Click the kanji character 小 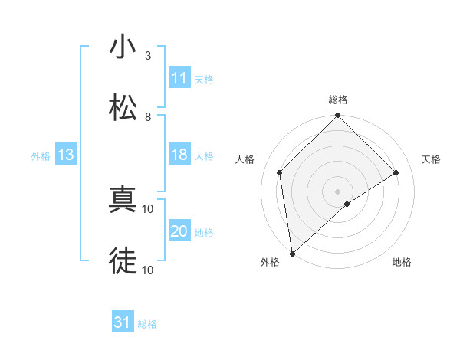tap(123, 47)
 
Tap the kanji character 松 tap(123, 108)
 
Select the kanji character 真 tap(123, 200)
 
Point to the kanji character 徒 tap(123, 261)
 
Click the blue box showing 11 tap(179, 78)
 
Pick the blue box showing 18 tap(179, 155)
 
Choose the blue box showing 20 tap(179, 232)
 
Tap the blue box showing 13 tap(66, 155)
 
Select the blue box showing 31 tap(123, 323)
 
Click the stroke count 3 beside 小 tap(148, 56)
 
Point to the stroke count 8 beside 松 tap(148, 117)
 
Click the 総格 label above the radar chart tap(338, 100)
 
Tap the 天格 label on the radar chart tap(432, 159)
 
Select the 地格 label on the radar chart tap(402, 262)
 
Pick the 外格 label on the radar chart tap(270, 262)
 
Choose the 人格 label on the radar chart tap(245, 159)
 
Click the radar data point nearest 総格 tap(338, 116)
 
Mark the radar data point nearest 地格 tap(347, 204)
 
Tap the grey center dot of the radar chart tap(338, 191)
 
